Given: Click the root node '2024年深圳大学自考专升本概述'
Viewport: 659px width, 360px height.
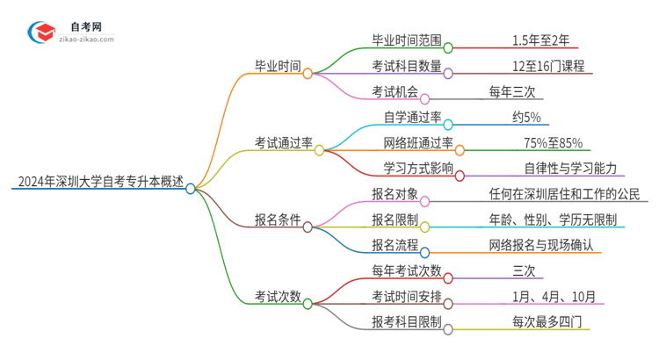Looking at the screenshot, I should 99,184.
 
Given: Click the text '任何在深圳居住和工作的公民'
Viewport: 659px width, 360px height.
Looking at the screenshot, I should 564,194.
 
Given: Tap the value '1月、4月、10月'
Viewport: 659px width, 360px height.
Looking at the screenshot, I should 544,296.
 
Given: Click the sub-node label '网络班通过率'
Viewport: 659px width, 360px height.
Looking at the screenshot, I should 417,143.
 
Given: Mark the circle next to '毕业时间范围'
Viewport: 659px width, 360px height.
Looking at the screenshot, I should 447,48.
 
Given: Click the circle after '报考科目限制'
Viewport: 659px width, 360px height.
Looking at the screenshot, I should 448,329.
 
